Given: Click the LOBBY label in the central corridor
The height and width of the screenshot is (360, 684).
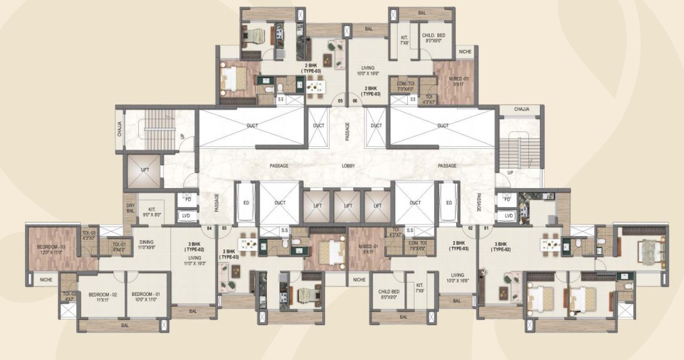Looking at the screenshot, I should click(x=348, y=165).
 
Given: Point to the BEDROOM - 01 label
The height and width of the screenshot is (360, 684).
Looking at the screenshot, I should click(x=144, y=295).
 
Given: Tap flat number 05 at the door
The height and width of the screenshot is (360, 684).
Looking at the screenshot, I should click(x=340, y=101).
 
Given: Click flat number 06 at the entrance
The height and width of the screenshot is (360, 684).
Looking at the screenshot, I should click(x=355, y=101).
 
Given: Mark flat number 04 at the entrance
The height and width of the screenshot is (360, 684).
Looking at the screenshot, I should click(x=210, y=228).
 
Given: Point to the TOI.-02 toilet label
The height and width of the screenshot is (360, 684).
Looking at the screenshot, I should click(x=69, y=296).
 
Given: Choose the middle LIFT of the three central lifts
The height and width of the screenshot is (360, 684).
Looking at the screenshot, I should click(x=348, y=204).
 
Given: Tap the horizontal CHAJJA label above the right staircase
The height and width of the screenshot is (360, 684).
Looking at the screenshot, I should click(x=521, y=109).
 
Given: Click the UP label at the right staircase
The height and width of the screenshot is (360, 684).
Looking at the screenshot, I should click(x=510, y=173).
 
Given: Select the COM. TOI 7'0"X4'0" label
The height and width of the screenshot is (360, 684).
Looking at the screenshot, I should click(x=406, y=85).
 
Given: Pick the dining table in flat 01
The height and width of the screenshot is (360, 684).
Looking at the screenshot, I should click(x=551, y=243).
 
